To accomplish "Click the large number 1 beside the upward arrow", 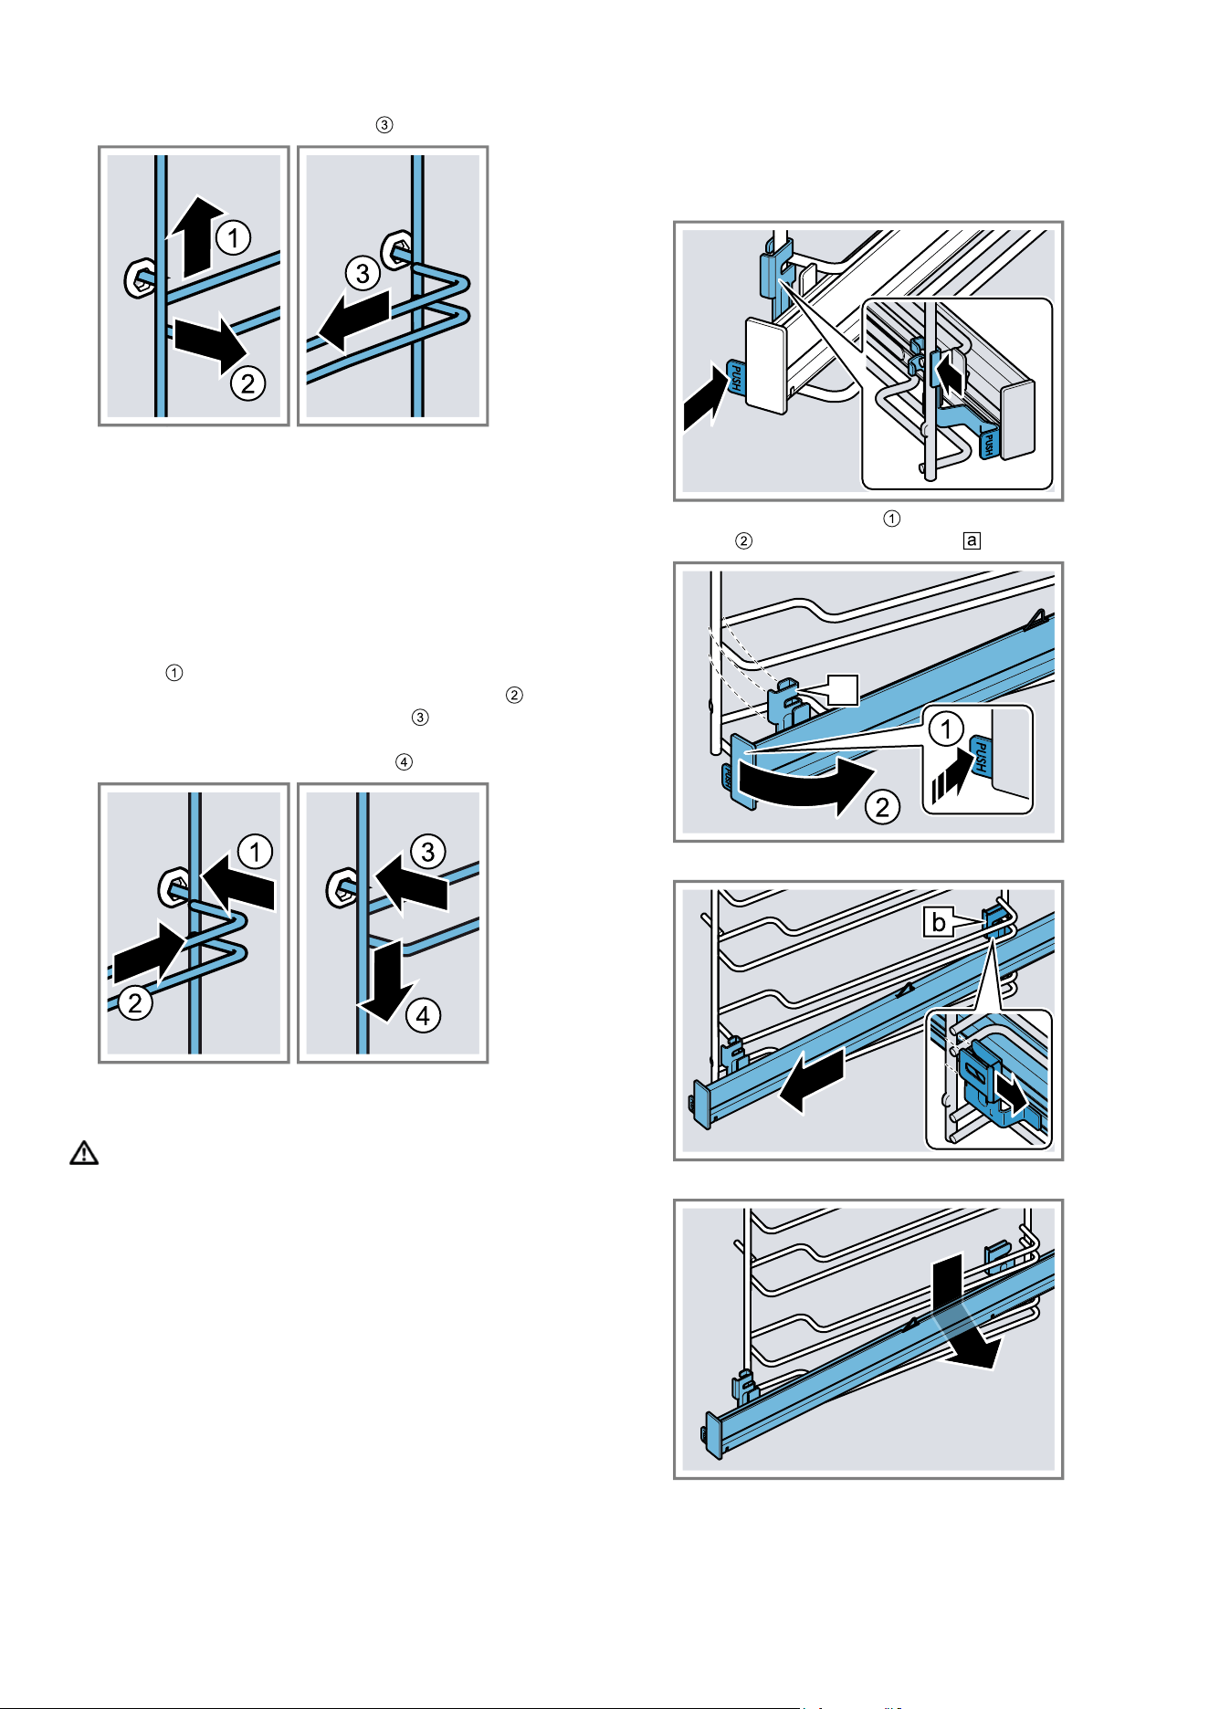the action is [234, 238].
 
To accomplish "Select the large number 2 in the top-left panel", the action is [247, 383].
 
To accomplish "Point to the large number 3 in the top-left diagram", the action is [363, 273].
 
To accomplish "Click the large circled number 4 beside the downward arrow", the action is [423, 1015].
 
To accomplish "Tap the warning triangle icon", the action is [84, 1152].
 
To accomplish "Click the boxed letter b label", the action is [938, 922].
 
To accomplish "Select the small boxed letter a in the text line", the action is [972, 540].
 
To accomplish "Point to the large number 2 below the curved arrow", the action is [882, 807].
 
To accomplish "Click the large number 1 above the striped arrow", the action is [946, 729].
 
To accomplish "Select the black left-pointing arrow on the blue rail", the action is [811, 1081].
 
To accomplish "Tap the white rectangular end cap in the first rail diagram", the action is [766, 365].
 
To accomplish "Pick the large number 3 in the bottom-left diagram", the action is [427, 852].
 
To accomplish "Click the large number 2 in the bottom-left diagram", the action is [135, 1002].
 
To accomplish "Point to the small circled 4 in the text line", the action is [404, 761].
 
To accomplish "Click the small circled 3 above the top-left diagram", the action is [384, 125].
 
